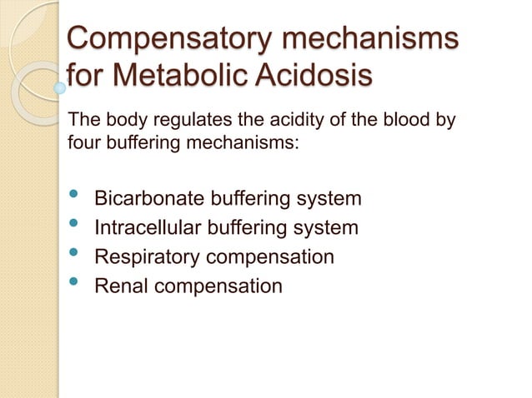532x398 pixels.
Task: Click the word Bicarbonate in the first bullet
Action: click(x=147, y=200)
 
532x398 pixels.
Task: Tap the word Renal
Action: click(x=118, y=286)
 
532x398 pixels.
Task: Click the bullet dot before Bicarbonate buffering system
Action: click(x=74, y=197)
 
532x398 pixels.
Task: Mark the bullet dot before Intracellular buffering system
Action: click(x=74, y=225)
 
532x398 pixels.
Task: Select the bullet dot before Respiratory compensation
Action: click(x=74, y=254)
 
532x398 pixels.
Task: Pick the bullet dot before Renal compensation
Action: click(x=74, y=282)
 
